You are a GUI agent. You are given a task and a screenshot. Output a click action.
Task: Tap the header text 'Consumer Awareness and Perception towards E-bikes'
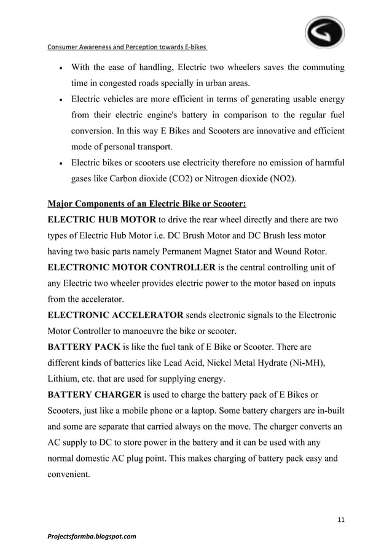(x=127, y=47)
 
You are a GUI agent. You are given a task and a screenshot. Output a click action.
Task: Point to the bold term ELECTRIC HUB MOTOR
(x=101, y=219)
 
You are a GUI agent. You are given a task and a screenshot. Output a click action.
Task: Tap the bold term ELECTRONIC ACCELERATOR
(x=115, y=315)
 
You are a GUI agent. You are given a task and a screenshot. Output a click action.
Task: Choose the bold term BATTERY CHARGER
(x=95, y=394)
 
